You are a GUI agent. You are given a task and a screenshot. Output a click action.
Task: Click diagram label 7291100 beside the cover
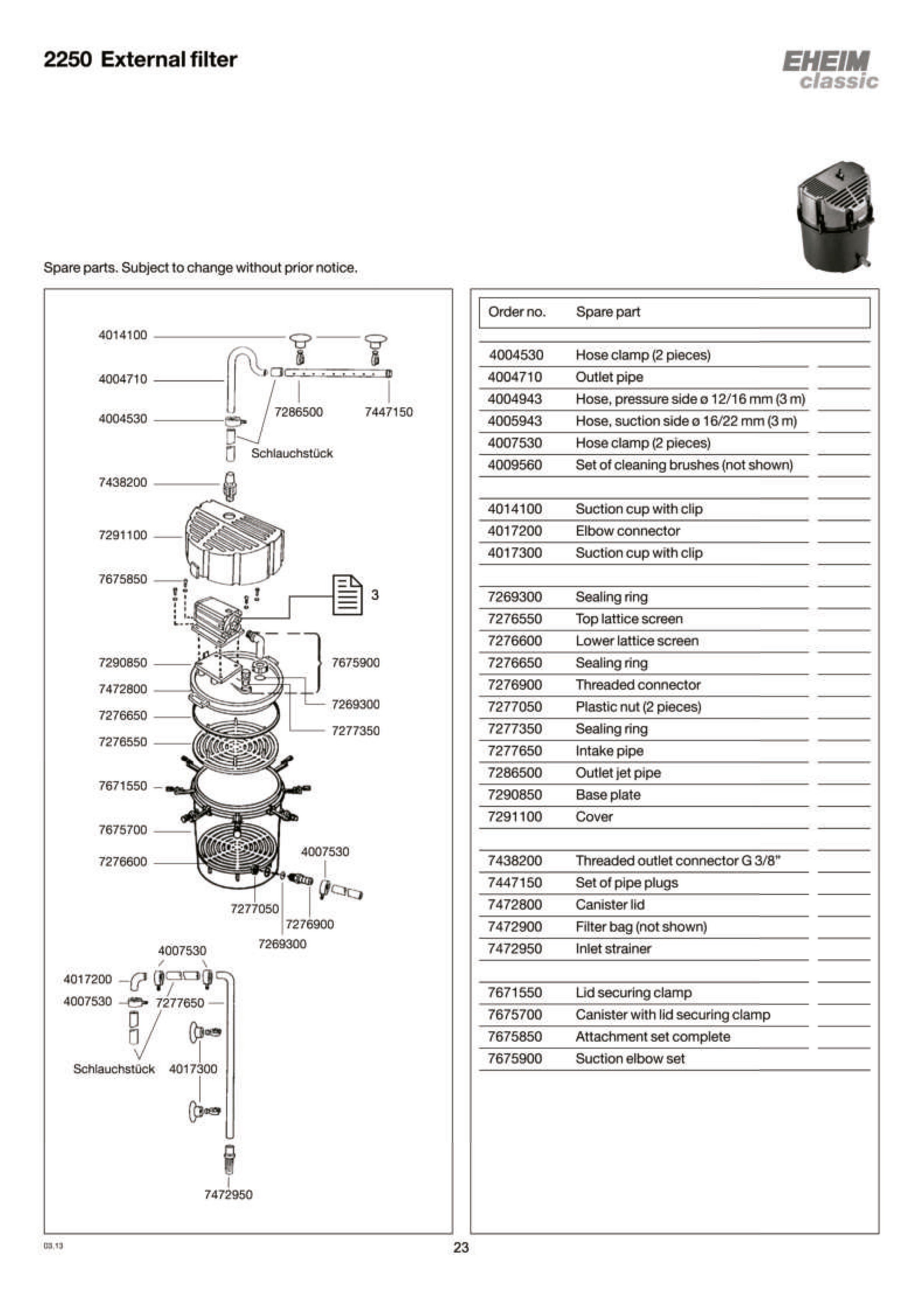pyautogui.click(x=122, y=535)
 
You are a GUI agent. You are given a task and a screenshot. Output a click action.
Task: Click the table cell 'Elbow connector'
pyautogui.click(x=627, y=531)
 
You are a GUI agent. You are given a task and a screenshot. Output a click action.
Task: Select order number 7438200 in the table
pyautogui.click(x=515, y=861)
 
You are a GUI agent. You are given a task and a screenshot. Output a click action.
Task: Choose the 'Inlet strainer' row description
pyautogui.click(x=613, y=948)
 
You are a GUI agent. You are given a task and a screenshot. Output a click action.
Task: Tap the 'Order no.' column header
pyautogui.click(x=517, y=312)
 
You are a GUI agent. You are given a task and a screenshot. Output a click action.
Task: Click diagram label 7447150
pyautogui.click(x=389, y=412)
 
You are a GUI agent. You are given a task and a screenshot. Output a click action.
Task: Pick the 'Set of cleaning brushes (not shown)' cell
pyautogui.click(x=684, y=465)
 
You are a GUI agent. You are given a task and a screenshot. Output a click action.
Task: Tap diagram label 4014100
pyautogui.click(x=122, y=335)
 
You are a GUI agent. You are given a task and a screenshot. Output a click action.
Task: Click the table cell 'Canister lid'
pyautogui.click(x=609, y=904)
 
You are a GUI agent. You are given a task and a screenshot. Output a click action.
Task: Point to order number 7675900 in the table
pyautogui.click(x=515, y=1058)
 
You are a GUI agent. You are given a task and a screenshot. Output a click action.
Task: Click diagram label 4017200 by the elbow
pyautogui.click(x=88, y=979)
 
